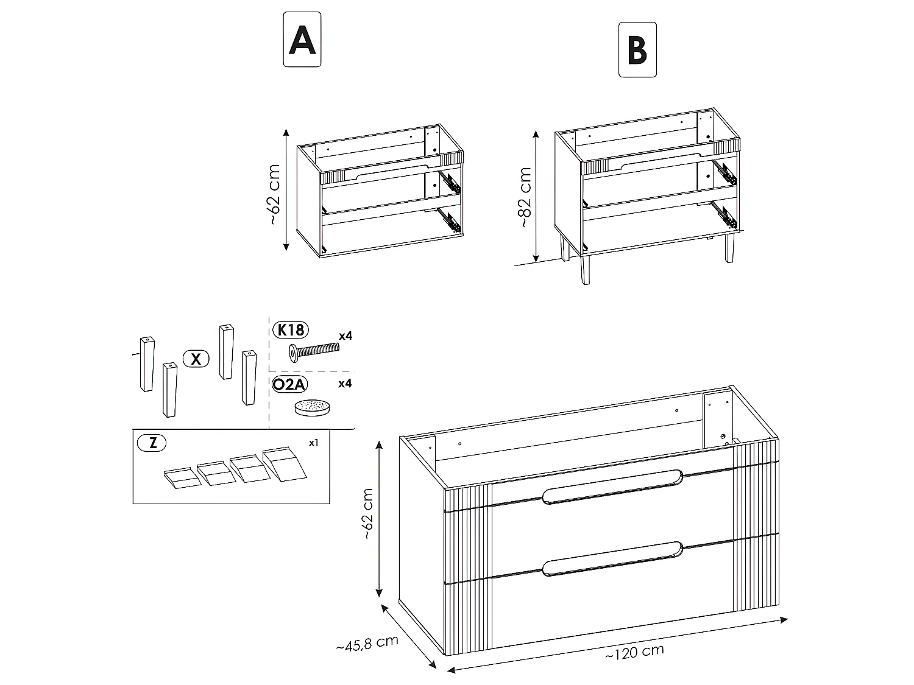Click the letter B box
[637, 50]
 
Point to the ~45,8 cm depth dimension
[367, 642]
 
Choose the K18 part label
[291, 330]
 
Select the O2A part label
[291, 384]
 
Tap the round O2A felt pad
[312, 407]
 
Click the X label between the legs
[196, 359]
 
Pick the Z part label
[152, 443]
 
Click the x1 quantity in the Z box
[313, 443]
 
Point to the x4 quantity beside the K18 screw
[345, 335]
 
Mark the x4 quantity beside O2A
[345, 384]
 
